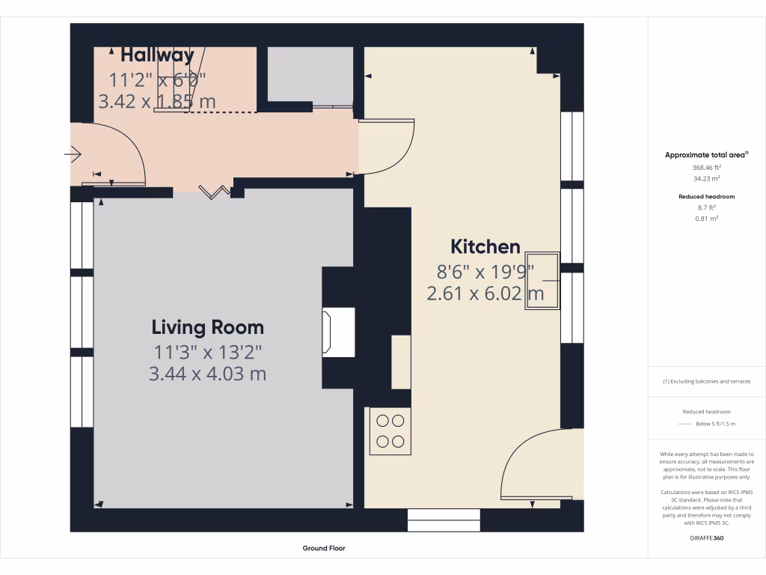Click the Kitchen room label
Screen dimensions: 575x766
click(x=485, y=246)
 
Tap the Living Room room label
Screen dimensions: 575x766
click(x=207, y=327)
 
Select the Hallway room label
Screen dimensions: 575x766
click(x=157, y=55)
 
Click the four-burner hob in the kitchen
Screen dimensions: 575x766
click(x=390, y=431)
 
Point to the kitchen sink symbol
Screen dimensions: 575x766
click(x=542, y=280)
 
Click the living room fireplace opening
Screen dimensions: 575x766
click(x=326, y=331)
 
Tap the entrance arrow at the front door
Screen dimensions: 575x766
click(x=73, y=155)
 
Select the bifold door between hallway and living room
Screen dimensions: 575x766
click(x=215, y=192)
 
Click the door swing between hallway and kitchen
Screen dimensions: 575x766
click(x=386, y=146)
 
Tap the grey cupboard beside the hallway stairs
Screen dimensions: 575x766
click(x=310, y=75)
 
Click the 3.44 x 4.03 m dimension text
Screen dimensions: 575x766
click(x=207, y=374)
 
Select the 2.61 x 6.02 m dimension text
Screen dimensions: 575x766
click(x=485, y=293)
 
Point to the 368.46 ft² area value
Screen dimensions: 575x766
click(x=706, y=168)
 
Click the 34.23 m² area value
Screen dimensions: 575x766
click(x=706, y=179)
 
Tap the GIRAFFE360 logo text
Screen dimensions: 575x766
click(x=706, y=538)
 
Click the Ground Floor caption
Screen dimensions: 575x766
click(x=324, y=548)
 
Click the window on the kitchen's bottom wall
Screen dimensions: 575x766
click(x=444, y=520)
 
